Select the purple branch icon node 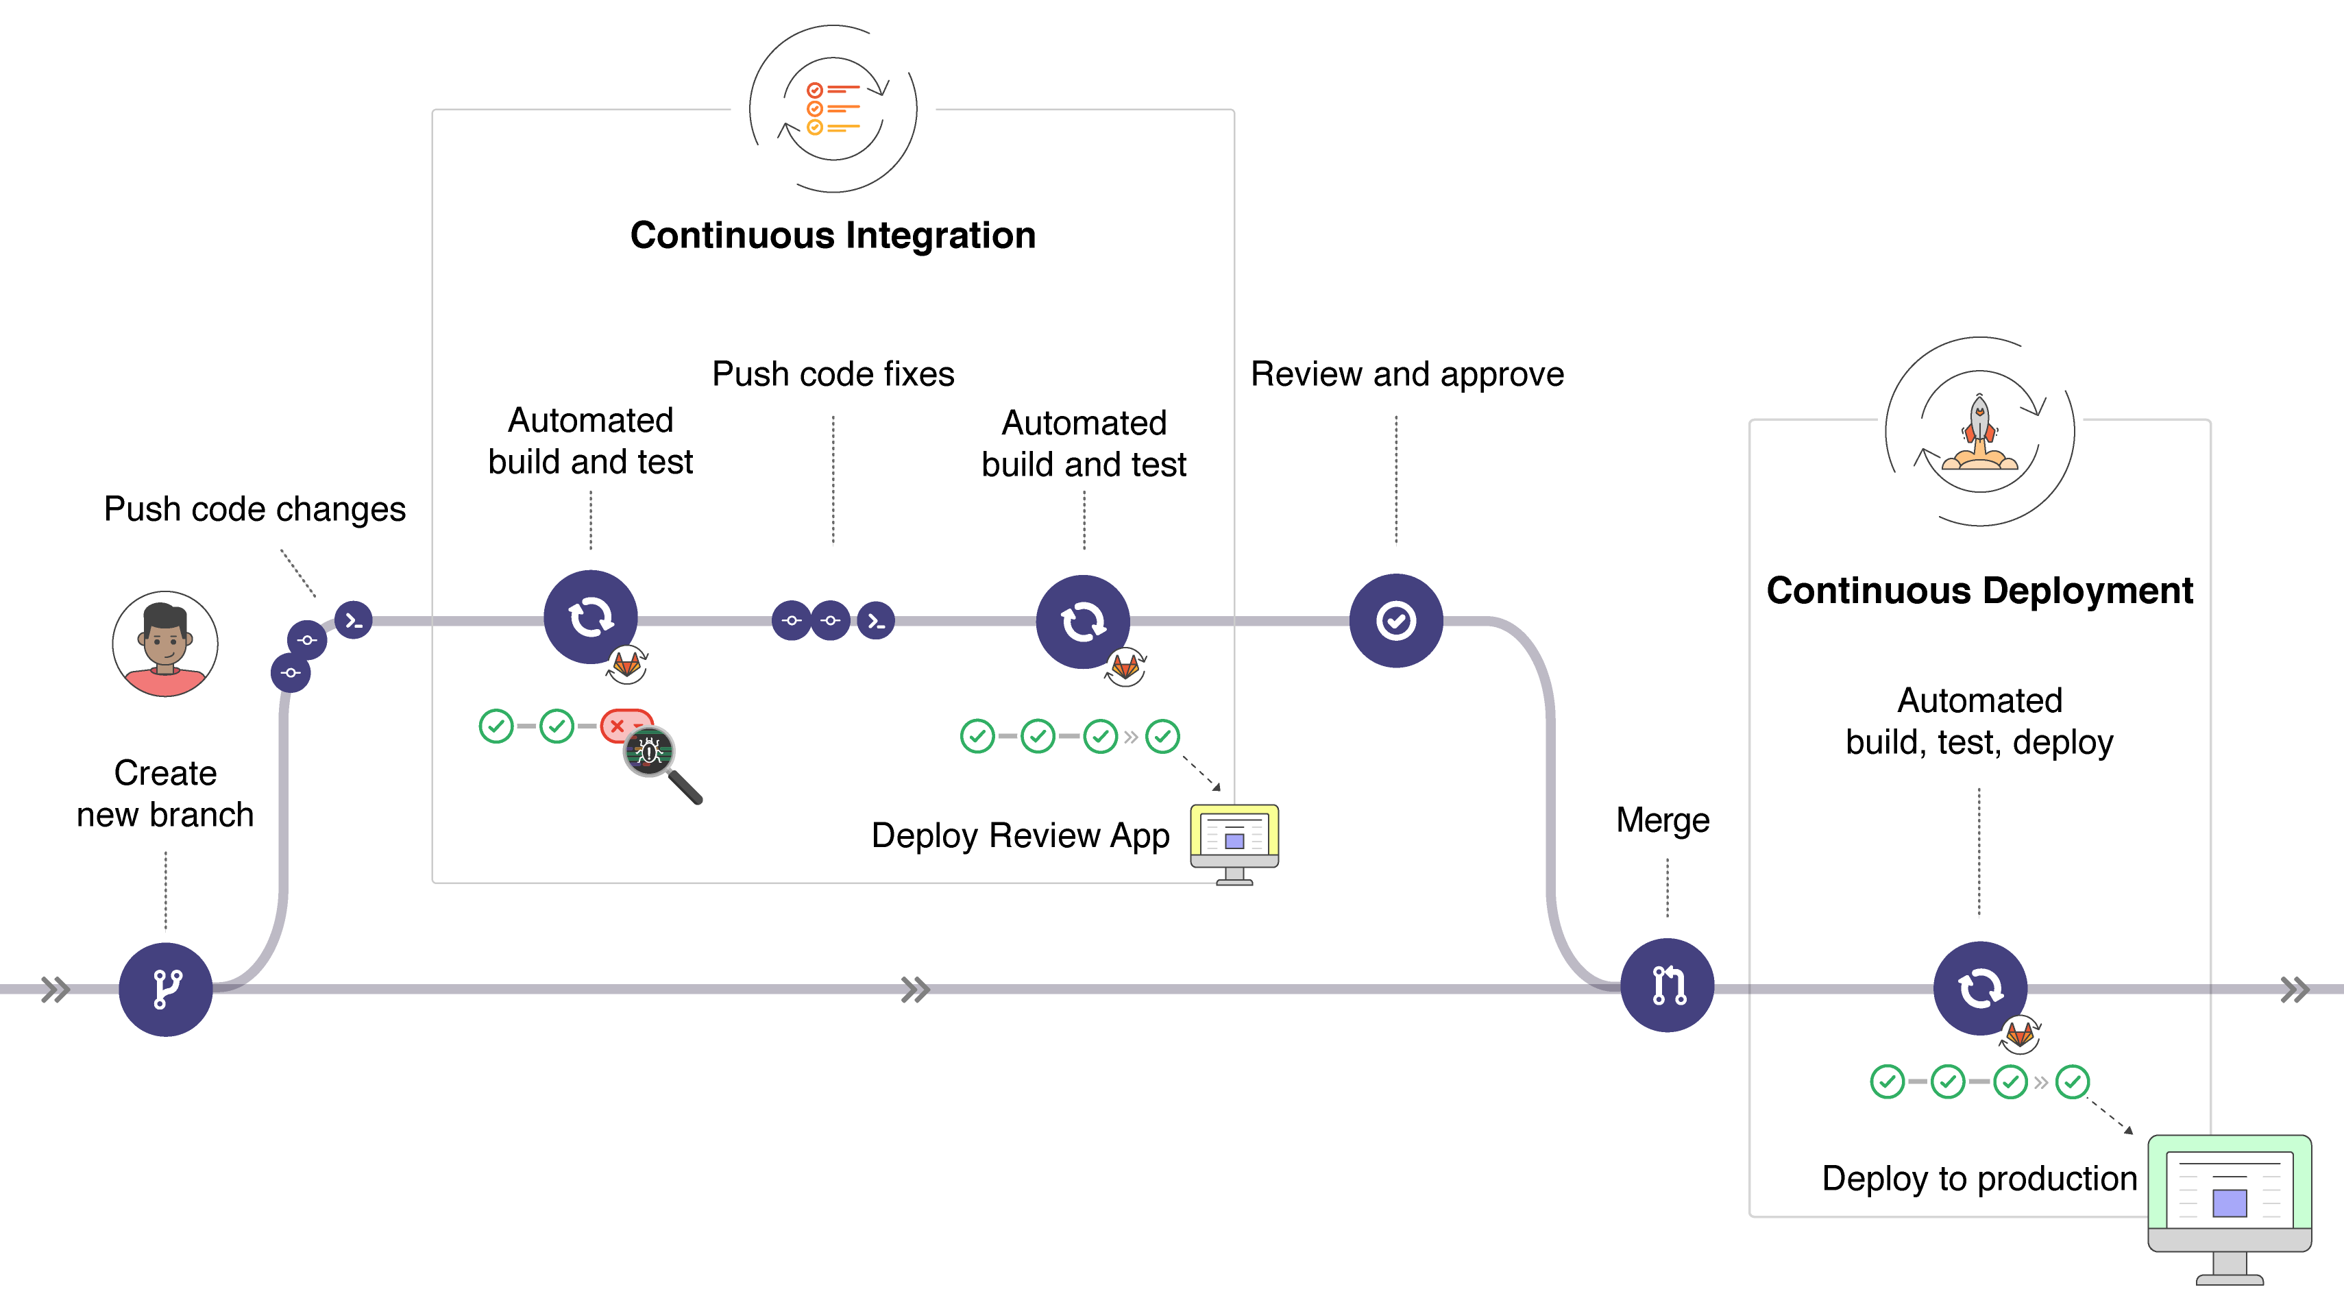(x=166, y=989)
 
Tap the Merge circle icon (x=1667, y=985)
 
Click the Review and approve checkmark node (x=1396, y=620)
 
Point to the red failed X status (x=618, y=726)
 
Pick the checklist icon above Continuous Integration (x=833, y=109)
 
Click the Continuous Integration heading (x=833, y=236)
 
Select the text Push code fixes (x=833, y=374)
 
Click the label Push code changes (x=255, y=509)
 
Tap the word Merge (x=1663, y=820)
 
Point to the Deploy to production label (x=1979, y=1178)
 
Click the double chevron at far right (x=2295, y=989)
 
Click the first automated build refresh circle (x=591, y=617)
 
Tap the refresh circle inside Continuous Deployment (x=1979, y=988)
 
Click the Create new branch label (x=164, y=793)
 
